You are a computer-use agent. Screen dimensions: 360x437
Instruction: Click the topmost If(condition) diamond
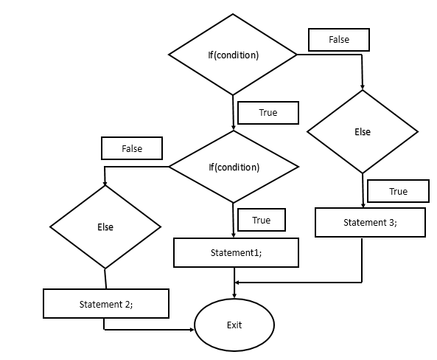coord(233,55)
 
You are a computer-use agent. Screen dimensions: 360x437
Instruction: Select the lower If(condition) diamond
coord(233,167)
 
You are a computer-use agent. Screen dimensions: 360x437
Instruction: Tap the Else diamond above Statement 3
coord(363,132)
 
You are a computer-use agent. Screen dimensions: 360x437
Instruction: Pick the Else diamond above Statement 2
coord(105,226)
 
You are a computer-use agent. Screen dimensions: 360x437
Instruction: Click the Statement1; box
coord(236,252)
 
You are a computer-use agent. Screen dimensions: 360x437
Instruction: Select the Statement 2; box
coord(106,304)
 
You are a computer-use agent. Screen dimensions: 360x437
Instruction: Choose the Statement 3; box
coord(370,222)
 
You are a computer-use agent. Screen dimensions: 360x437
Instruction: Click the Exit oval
coord(234,325)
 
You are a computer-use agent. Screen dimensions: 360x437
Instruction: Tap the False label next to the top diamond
coord(339,40)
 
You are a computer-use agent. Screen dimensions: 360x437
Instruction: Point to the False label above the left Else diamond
coord(132,148)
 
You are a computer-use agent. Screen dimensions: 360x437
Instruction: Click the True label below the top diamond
coord(268,113)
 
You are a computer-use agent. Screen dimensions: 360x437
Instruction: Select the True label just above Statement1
coord(261,220)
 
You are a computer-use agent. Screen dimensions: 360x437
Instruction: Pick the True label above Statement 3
coord(398,192)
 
